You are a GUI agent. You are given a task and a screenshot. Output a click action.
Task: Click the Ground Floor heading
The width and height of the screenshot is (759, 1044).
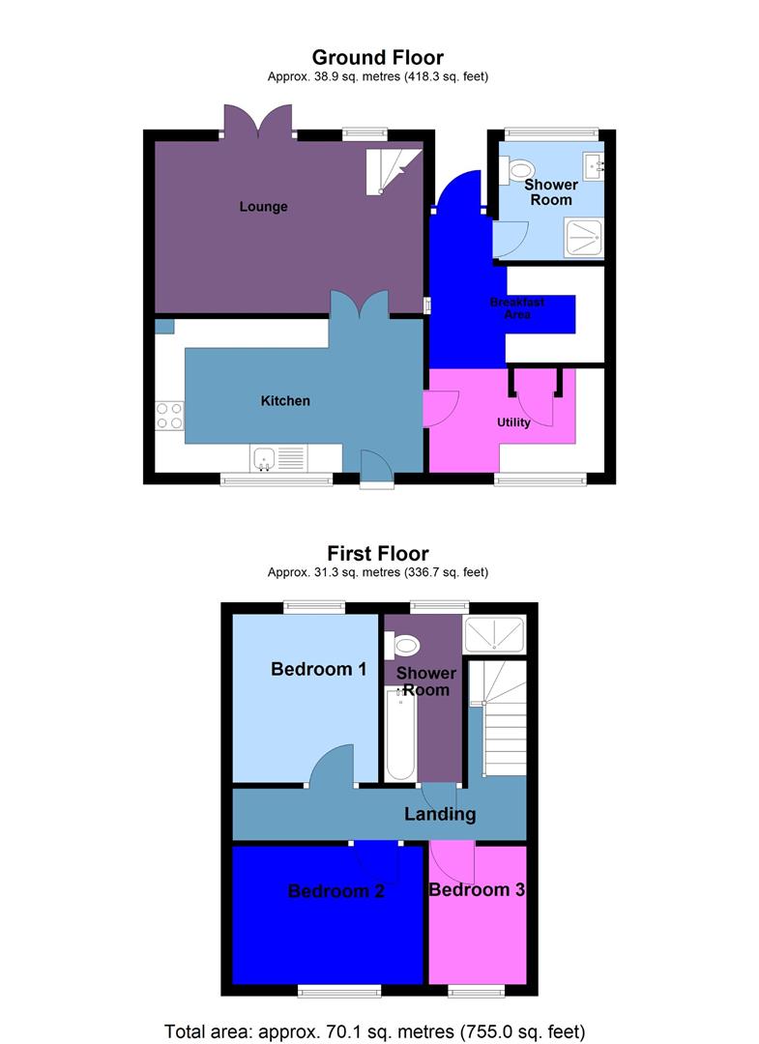pyautogui.click(x=378, y=58)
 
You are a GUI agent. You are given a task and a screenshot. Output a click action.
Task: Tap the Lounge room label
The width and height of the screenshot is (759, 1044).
pyautogui.click(x=264, y=207)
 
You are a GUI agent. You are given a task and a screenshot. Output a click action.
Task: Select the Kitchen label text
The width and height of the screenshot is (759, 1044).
pyautogui.click(x=285, y=400)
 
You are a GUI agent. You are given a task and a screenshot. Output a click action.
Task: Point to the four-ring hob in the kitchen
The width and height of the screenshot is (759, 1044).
pyautogui.click(x=169, y=415)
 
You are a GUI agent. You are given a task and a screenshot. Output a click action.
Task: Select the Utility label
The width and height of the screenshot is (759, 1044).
pyautogui.click(x=513, y=422)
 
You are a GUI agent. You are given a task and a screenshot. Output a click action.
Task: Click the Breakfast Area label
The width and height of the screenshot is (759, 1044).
pyautogui.click(x=517, y=308)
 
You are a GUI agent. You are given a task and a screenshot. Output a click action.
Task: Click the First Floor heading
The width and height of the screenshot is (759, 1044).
pyautogui.click(x=378, y=554)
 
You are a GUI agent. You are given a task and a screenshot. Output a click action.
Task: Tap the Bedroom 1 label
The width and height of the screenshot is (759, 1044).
pyautogui.click(x=318, y=669)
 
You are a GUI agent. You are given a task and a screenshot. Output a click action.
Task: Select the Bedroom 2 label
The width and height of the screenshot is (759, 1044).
pyautogui.click(x=336, y=891)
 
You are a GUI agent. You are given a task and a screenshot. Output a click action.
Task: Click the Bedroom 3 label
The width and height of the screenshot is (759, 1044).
pyautogui.click(x=477, y=889)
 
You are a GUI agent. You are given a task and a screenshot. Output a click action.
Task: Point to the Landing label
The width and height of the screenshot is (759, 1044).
pyautogui.click(x=440, y=814)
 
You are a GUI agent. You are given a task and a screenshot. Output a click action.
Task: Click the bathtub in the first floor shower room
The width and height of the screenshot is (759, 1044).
pyautogui.click(x=400, y=735)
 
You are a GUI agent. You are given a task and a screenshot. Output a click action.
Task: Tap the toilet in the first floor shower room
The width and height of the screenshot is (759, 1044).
pyautogui.click(x=405, y=645)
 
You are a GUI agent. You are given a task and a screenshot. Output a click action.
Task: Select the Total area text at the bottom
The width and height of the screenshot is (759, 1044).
pyautogui.click(x=375, y=1030)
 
